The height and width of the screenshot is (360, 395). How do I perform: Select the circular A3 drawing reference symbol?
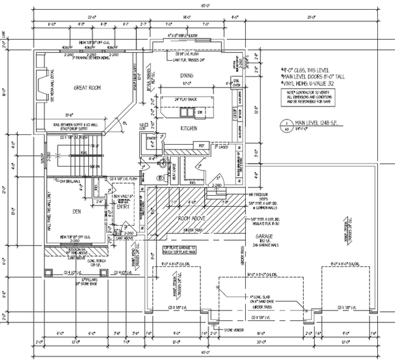(287, 125)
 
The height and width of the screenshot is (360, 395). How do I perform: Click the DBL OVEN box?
(234, 83)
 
